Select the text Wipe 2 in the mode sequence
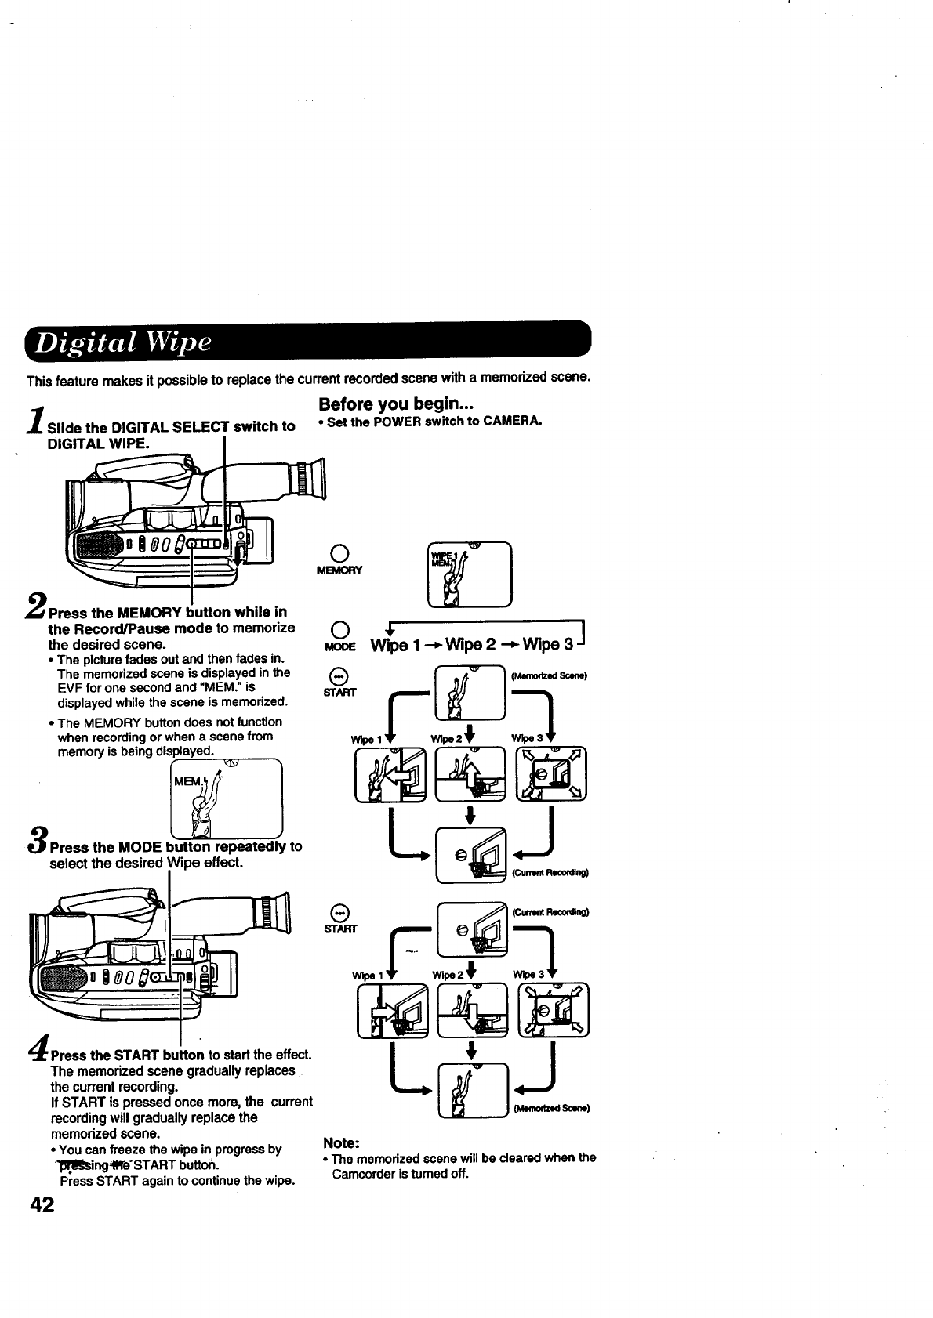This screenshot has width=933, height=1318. click(x=462, y=646)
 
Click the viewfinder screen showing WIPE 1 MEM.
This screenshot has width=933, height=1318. click(x=469, y=574)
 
